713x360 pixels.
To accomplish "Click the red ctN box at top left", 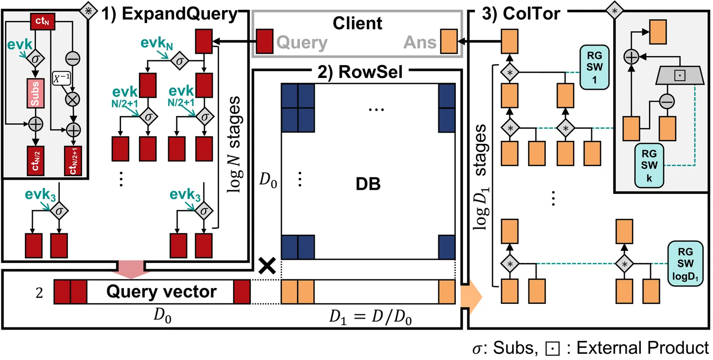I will (43, 21).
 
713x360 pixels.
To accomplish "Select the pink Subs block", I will (35, 93).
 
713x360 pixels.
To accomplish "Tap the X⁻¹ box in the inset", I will (61, 78).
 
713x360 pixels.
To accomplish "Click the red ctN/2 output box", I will (35, 161).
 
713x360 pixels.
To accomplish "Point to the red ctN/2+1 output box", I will (73, 161).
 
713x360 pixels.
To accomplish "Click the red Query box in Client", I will (265, 41).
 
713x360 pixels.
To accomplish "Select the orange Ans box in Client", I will (449, 41).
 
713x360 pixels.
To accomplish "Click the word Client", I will (357, 23).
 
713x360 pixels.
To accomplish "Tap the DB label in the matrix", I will (368, 184).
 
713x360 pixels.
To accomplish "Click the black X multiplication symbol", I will (267, 266).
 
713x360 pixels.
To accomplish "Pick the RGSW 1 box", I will (594, 68).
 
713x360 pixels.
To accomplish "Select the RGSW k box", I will (649, 165).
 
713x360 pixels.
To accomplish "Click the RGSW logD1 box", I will (685, 264).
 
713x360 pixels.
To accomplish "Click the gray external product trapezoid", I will (680, 75).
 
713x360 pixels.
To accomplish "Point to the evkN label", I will (156, 43).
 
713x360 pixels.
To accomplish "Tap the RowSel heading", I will (360, 72).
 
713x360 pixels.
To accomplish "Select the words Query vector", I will (161, 292).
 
